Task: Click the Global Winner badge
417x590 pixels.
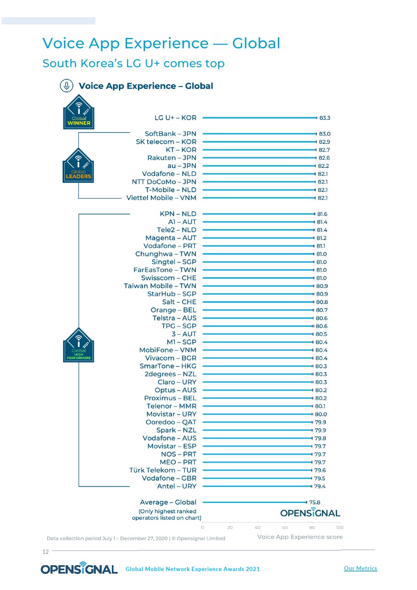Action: pyautogui.click(x=79, y=112)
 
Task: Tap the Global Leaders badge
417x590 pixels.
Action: pyautogui.click(x=78, y=166)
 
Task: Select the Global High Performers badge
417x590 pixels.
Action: pyautogui.click(x=78, y=346)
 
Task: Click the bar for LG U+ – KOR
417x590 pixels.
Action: pyautogui.click(x=259, y=118)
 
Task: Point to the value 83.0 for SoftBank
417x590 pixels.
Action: pyautogui.click(x=325, y=134)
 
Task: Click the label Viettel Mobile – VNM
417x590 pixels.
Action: pyautogui.click(x=161, y=198)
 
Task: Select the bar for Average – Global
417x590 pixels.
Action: pyautogui.click(x=254, y=502)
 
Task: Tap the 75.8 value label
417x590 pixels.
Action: pyautogui.click(x=314, y=502)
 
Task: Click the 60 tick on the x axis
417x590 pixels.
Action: pyautogui.click(x=285, y=527)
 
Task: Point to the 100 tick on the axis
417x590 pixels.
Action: pyautogui.click(x=340, y=527)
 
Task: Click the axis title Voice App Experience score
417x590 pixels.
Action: pyautogui.click(x=300, y=537)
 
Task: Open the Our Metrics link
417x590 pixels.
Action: pyautogui.click(x=360, y=568)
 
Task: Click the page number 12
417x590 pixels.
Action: pyautogui.click(x=45, y=552)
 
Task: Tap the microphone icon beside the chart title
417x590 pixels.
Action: pyautogui.click(x=66, y=86)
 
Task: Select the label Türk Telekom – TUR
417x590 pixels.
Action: pyautogui.click(x=163, y=470)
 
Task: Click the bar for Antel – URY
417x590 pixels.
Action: pyautogui.click(x=257, y=486)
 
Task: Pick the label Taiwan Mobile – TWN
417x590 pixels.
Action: pyautogui.click(x=160, y=286)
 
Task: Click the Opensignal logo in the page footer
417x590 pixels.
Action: pyautogui.click(x=79, y=569)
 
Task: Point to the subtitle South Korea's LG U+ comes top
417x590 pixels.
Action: pyautogui.click(x=134, y=63)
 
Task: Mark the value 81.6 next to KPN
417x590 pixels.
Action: pyautogui.click(x=322, y=214)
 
